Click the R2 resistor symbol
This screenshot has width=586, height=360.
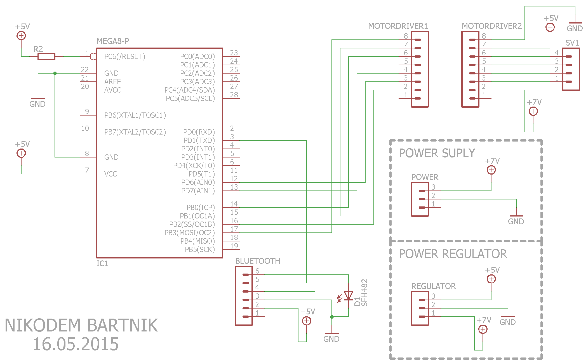(46, 57)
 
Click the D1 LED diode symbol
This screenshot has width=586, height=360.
(348, 296)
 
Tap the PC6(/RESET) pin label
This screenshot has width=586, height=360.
(125, 57)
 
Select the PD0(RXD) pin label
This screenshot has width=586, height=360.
(199, 132)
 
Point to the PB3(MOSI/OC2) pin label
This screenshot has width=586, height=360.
(189, 233)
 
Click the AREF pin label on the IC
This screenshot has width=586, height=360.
(112, 82)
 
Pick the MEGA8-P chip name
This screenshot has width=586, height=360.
(113, 41)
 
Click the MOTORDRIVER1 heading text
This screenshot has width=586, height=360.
(398, 26)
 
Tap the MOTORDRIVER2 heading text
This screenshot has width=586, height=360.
(492, 26)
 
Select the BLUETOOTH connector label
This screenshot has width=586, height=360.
(258, 261)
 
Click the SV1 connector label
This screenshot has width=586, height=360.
(572, 43)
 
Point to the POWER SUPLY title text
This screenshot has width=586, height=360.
(437, 153)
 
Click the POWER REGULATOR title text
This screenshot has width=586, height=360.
(453, 254)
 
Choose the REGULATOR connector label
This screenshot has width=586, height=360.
(433, 286)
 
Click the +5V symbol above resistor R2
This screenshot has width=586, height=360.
(21, 36)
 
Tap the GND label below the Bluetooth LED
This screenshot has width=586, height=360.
(331, 339)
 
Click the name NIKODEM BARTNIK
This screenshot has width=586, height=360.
(81, 325)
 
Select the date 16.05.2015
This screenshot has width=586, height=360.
(76, 344)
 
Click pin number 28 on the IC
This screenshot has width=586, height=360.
(234, 95)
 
